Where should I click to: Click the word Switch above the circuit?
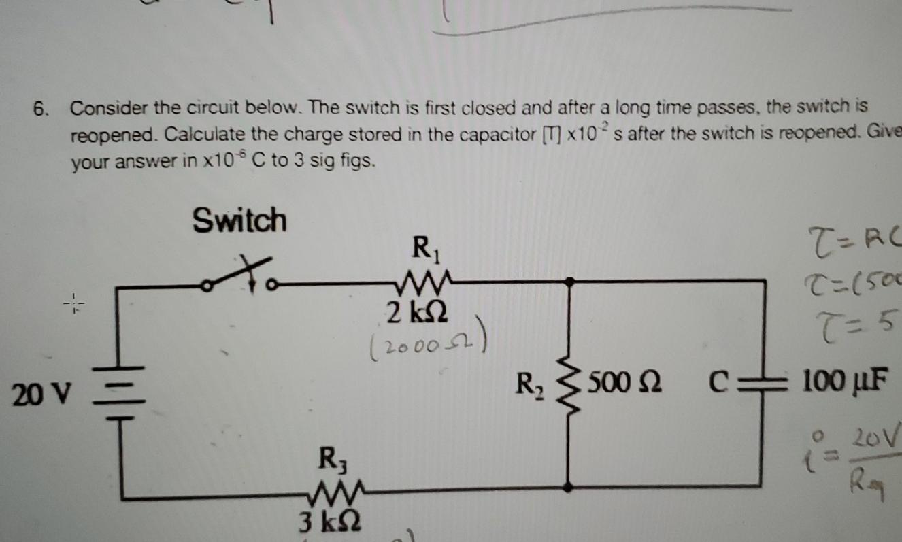point(239,220)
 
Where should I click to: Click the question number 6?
point(43,109)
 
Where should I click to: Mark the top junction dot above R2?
point(569,280)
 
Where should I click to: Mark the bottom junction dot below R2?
point(569,486)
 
